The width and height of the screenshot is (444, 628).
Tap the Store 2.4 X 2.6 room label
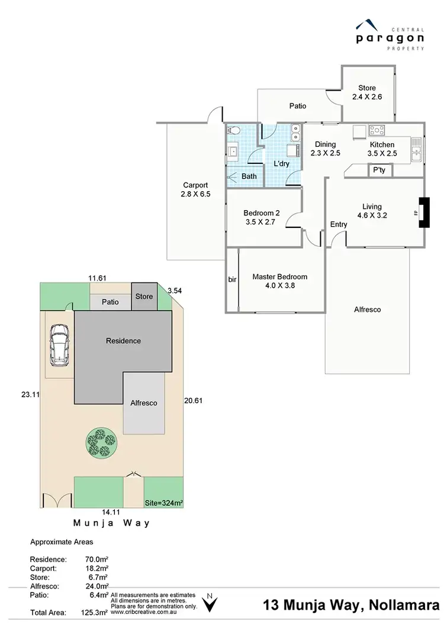[x=363, y=92]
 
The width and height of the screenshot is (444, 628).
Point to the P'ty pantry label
[x=378, y=170]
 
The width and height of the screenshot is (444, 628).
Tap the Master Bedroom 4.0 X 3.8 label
[x=279, y=281]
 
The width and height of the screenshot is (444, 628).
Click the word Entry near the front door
[x=339, y=224]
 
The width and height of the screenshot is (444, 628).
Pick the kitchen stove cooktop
[x=377, y=130]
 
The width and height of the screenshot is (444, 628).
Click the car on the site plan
[x=60, y=346]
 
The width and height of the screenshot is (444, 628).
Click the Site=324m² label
[x=164, y=503]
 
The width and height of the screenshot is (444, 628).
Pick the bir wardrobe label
[x=231, y=279]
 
